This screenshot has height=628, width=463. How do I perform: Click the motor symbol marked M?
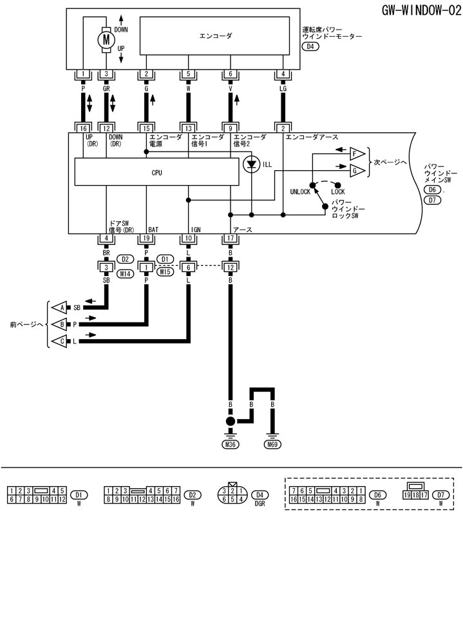pyautogui.click(x=105, y=40)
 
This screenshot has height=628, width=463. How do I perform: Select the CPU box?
pyautogui.click(x=156, y=173)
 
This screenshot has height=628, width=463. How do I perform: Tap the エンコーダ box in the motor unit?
pyautogui.click(x=216, y=37)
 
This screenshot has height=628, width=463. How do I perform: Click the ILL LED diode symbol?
pyautogui.click(x=252, y=164)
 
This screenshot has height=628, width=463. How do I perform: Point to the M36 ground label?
pyautogui.click(x=230, y=445)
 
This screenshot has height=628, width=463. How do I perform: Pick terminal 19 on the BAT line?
pyautogui.click(x=147, y=239)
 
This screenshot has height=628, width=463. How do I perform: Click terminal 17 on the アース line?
pyautogui.click(x=230, y=239)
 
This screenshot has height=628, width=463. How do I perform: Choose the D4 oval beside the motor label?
pyautogui.click(x=313, y=47)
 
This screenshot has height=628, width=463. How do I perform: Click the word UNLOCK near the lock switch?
pyautogui.click(x=301, y=192)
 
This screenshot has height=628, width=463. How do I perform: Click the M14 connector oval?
pyautogui.click(x=126, y=273)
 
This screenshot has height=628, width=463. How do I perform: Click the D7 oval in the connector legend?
pyautogui.click(x=441, y=495)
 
